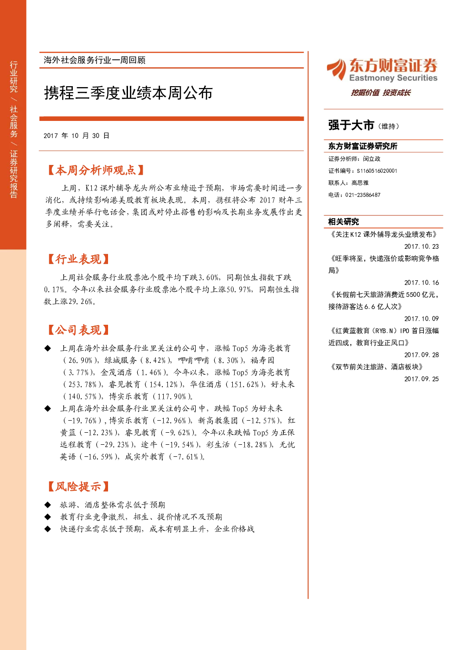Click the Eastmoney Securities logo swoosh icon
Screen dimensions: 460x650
pos(337,69)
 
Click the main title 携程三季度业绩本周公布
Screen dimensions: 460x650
pos(128,93)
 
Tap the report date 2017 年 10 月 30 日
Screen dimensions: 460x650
pos(77,136)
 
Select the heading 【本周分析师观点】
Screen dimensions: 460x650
pos(96,170)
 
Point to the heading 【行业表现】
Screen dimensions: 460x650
pos(78,259)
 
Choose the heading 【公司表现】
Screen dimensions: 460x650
pos(78,330)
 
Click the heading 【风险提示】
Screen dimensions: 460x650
pos(78,486)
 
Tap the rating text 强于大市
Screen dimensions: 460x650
pos(351,126)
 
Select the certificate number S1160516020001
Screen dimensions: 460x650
pos(377,171)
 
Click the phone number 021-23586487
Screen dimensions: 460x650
pos(363,195)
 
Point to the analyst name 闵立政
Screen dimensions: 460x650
pos(371,159)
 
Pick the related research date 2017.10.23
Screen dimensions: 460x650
pos(422,246)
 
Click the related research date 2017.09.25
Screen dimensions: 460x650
pos(422,379)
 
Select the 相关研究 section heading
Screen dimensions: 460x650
pos(344,222)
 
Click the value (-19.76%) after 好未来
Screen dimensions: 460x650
pos(83,421)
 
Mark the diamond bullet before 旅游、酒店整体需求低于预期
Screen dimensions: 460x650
pos(48,505)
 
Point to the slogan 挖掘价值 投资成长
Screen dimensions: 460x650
pos(380,93)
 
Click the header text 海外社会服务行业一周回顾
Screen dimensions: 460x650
pos(95,60)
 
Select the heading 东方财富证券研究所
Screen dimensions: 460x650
pos(363,146)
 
